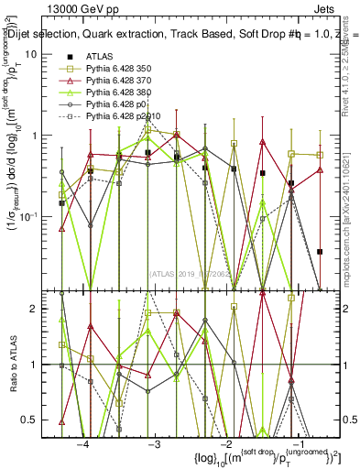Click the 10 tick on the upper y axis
click(x=43, y=54)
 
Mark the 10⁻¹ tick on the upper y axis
click(x=40, y=216)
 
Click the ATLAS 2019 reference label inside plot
click(x=192, y=274)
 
